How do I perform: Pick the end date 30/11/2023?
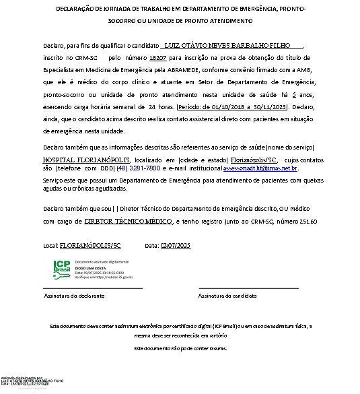click(x=268, y=106)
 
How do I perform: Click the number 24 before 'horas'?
click(x=152, y=106)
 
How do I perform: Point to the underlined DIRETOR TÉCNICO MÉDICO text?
click(x=129, y=220)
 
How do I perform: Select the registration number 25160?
click(x=306, y=221)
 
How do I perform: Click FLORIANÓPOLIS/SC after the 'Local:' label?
click(x=87, y=247)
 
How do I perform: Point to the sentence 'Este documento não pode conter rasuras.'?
click(x=180, y=348)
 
